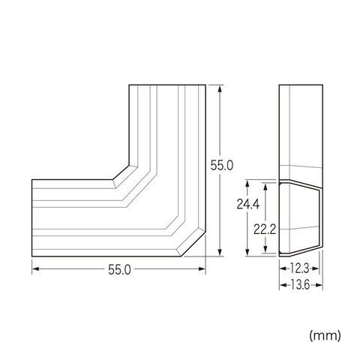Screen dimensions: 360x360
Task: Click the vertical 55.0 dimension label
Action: [x=221, y=165]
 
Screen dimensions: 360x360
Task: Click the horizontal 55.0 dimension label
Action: [x=119, y=270]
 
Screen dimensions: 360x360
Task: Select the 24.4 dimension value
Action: [x=248, y=204]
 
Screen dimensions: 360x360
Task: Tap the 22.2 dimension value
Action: [x=265, y=229]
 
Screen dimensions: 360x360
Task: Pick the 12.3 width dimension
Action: [x=300, y=268]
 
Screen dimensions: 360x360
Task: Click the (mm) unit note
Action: [x=325, y=336]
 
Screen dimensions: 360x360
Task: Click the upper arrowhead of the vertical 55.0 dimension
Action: [x=220, y=89]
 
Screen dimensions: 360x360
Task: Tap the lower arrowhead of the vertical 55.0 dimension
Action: [x=220, y=252]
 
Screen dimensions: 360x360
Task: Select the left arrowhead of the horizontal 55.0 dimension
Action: [x=36, y=268]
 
